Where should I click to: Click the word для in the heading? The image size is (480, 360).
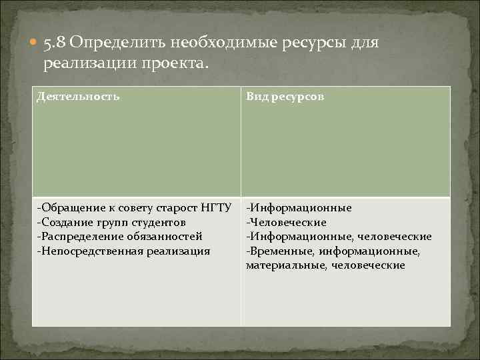pyautogui.click(x=363, y=43)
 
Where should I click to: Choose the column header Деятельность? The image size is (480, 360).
pyautogui.click(x=79, y=97)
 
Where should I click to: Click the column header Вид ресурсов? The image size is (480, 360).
pyautogui.click(x=285, y=97)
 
